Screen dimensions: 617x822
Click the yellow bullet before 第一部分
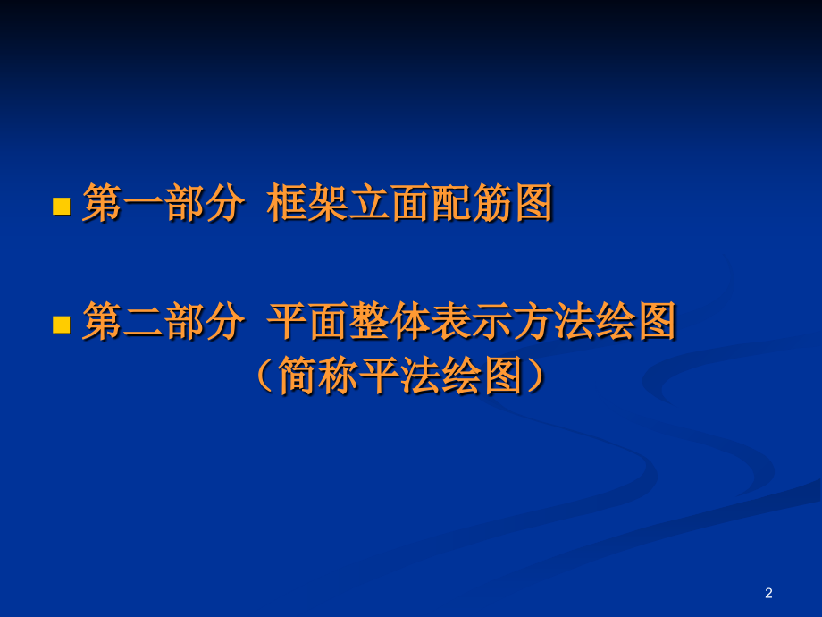click(62, 207)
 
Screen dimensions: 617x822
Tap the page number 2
click(769, 593)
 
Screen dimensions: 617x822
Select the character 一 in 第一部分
click(142, 205)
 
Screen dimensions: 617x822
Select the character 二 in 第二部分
click(142, 322)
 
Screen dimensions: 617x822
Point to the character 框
click(287, 205)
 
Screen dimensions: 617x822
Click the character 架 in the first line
click(328, 205)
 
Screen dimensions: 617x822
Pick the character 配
click(451, 205)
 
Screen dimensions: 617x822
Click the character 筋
click(492, 205)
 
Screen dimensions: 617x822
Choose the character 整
click(369, 322)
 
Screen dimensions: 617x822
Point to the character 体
click(410, 322)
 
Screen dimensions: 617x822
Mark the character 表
click(451, 322)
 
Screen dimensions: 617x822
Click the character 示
click(492, 322)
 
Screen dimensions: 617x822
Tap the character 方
click(533, 322)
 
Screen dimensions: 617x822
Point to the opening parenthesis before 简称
click(264, 376)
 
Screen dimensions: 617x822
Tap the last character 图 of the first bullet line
click(533, 205)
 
